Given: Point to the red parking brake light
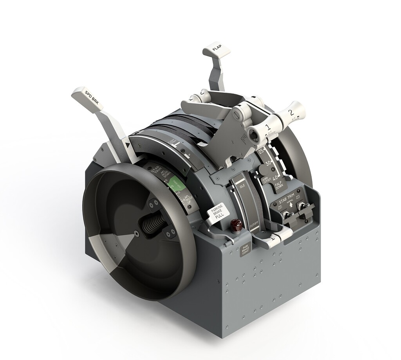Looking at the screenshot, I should tap(236, 226).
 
